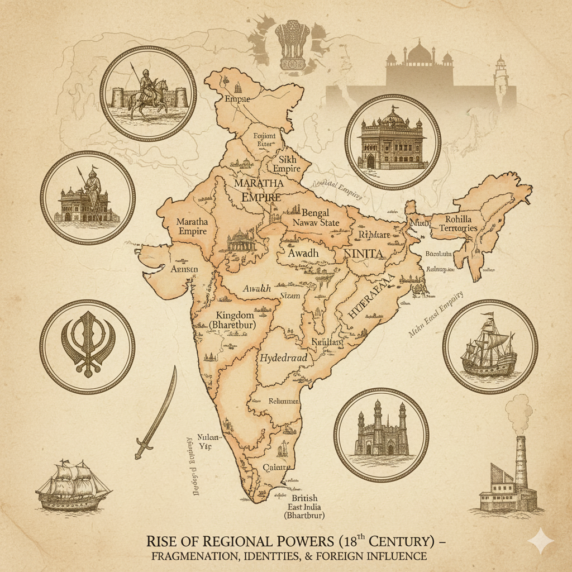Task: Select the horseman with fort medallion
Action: point(147,93)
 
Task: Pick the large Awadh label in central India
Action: point(303,252)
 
